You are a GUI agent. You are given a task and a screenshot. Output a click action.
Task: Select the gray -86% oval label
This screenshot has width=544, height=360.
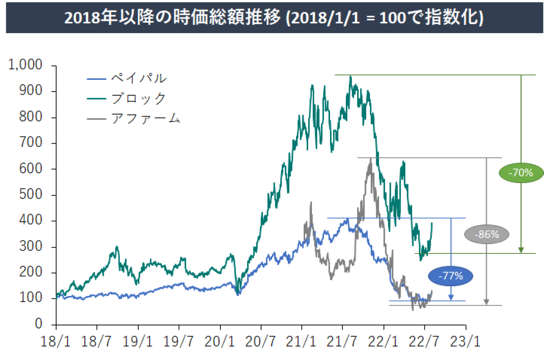(487, 234)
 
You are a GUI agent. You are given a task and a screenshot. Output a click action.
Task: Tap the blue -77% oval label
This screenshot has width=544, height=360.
(450, 276)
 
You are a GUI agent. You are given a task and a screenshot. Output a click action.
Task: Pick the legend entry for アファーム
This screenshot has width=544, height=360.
(145, 119)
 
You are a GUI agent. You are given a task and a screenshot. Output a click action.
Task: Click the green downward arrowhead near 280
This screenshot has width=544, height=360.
(521, 250)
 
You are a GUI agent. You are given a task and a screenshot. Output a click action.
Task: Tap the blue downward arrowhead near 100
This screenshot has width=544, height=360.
(451, 297)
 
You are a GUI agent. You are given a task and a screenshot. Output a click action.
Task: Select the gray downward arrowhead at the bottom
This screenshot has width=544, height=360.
(486, 302)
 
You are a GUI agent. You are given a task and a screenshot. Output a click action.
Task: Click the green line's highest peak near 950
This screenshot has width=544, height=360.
(350, 77)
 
